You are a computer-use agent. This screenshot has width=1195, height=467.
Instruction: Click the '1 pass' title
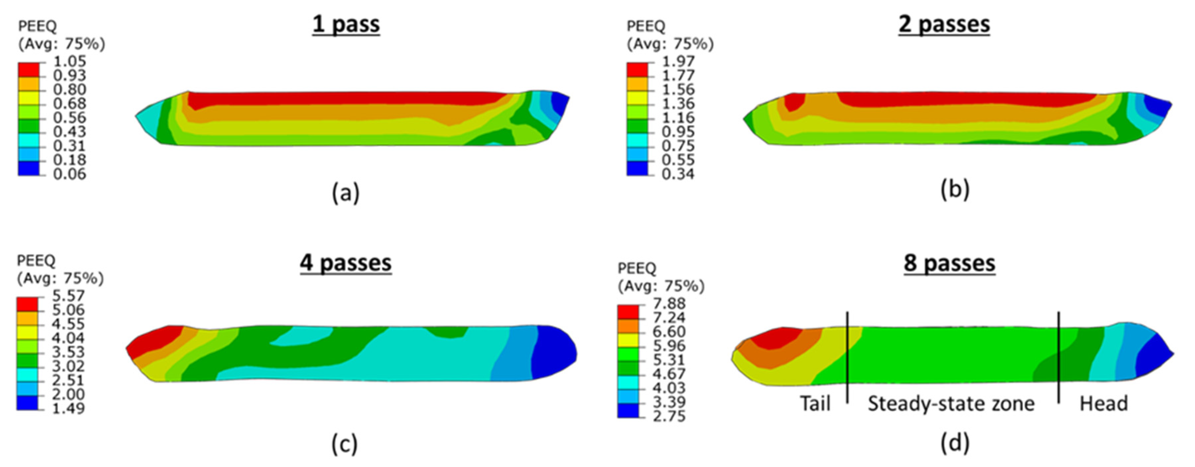click(x=346, y=25)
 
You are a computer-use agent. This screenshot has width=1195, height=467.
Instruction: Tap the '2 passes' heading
click(x=944, y=25)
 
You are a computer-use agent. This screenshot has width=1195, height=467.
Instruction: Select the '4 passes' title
click(x=346, y=263)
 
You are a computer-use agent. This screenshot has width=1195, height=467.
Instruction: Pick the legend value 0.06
click(x=70, y=174)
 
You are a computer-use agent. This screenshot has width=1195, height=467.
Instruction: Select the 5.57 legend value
click(x=68, y=296)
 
